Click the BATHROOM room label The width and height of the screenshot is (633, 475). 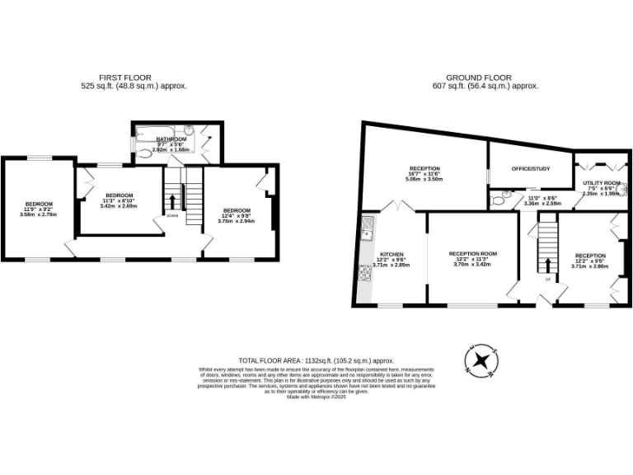[171, 139]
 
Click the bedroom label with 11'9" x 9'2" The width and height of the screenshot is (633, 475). [39, 205]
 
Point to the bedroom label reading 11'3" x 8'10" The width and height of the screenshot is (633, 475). [119, 195]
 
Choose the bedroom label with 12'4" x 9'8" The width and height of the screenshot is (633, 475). [237, 210]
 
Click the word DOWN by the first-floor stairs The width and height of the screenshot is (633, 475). [171, 215]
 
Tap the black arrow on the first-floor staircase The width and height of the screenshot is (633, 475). [171, 201]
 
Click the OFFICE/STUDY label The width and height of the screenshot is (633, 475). [530, 169]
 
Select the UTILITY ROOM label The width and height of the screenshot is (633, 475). [601, 183]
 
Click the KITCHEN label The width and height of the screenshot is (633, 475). [391, 254]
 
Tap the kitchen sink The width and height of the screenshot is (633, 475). [366, 225]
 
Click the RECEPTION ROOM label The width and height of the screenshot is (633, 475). [472, 253]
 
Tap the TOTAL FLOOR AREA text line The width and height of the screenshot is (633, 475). [316, 361]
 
